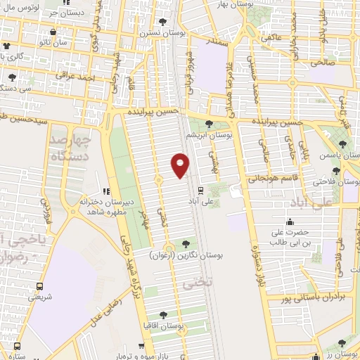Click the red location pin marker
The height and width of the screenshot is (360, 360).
180,165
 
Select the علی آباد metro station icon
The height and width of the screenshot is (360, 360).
200,190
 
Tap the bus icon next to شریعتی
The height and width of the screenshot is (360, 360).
39,286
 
